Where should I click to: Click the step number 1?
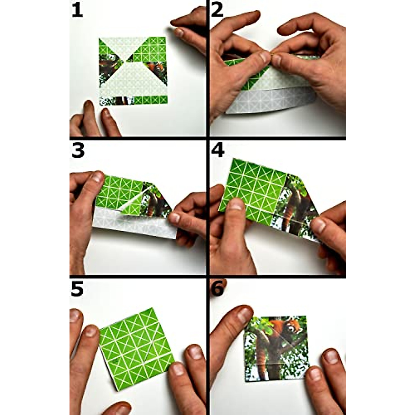point(77,10)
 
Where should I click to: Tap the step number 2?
point(217,10)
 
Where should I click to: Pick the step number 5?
point(77,289)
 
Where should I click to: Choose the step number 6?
point(218,289)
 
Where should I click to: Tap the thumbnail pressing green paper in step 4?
point(236,205)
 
